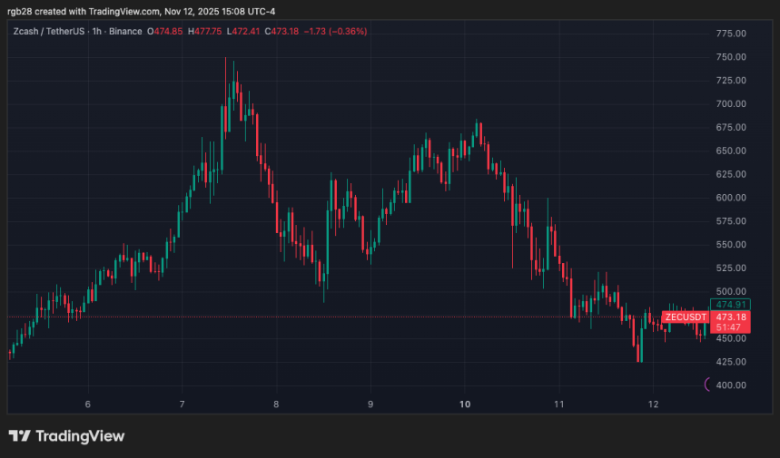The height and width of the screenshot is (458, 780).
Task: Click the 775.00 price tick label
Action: (x=731, y=34)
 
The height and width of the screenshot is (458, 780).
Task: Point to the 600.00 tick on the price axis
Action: (x=731, y=198)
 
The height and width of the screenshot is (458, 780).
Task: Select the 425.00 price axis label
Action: (x=731, y=362)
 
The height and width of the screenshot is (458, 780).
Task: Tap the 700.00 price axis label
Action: (x=731, y=104)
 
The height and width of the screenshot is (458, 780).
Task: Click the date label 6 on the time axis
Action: (x=88, y=404)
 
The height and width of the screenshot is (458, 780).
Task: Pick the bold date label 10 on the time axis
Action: (x=465, y=404)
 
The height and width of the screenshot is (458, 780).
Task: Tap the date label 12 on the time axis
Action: (x=653, y=404)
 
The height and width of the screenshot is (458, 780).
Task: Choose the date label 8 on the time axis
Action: (x=276, y=404)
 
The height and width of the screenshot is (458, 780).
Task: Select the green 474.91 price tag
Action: (x=730, y=305)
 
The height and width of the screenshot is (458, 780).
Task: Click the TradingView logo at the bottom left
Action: (x=66, y=436)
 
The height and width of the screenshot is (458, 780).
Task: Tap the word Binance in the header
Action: (x=125, y=31)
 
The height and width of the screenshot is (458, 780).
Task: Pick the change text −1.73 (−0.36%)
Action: (x=335, y=31)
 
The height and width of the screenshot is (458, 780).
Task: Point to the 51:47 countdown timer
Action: (x=730, y=327)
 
